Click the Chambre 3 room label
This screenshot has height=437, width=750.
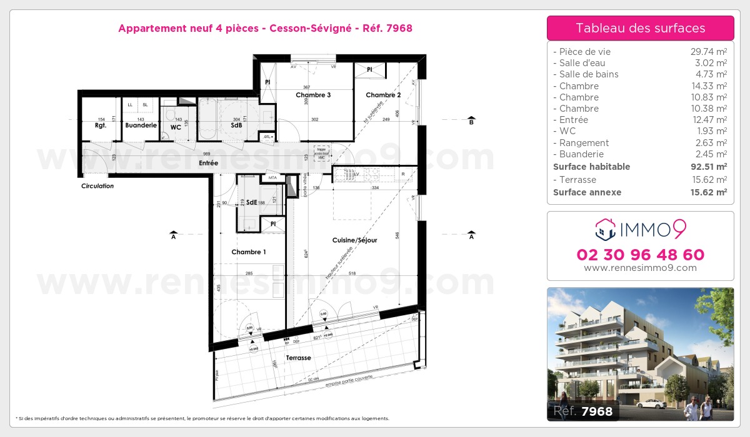coord(313,95)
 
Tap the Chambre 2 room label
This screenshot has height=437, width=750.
coord(383,95)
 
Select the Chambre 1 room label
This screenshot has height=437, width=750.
coord(249,252)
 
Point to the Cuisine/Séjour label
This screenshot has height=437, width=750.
coord(354,240)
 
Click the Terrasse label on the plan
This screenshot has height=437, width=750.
coord(298,358)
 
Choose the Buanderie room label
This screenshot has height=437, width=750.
coord(141,125)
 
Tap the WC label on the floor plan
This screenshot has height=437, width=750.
coord(176,127)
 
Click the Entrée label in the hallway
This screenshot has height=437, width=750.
coord(208,163)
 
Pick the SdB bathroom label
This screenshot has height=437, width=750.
coord(236,125)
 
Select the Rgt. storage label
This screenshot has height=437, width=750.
coord(101,125)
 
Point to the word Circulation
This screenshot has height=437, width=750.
coord(97,186)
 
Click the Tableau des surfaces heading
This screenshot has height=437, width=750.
coord(640,28)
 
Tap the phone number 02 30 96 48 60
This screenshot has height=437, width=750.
coord(640,255)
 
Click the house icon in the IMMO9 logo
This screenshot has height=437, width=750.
coord(606,230)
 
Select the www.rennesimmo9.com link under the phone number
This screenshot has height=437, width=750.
coord(640,268)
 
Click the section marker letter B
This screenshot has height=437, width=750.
coord(471,123)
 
